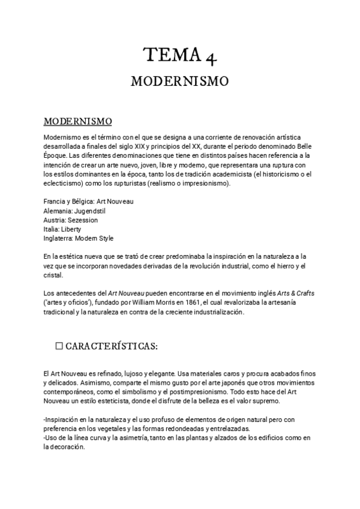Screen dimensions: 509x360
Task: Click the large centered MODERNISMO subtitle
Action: pyautogui.click(x=179, y=81)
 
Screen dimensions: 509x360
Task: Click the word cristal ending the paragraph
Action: pyautogui.click(x=53, y=275)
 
